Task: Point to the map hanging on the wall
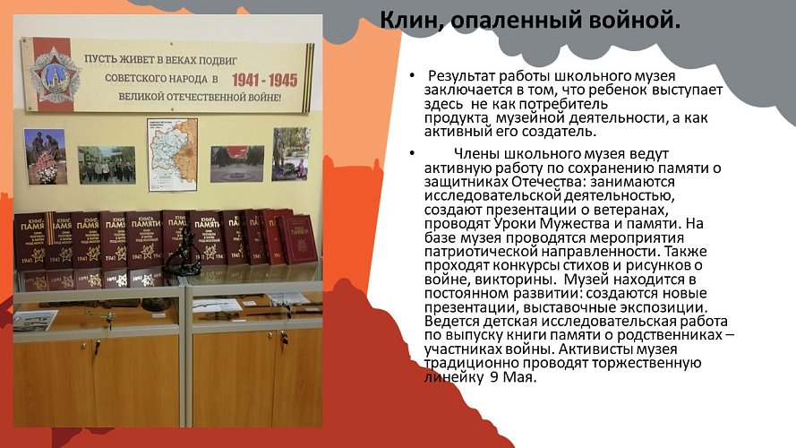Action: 172,154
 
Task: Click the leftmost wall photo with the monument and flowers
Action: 46,157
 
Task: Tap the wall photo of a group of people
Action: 106,165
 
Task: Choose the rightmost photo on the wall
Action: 291,154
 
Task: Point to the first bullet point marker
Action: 411,76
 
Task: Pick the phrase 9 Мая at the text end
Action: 512,377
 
